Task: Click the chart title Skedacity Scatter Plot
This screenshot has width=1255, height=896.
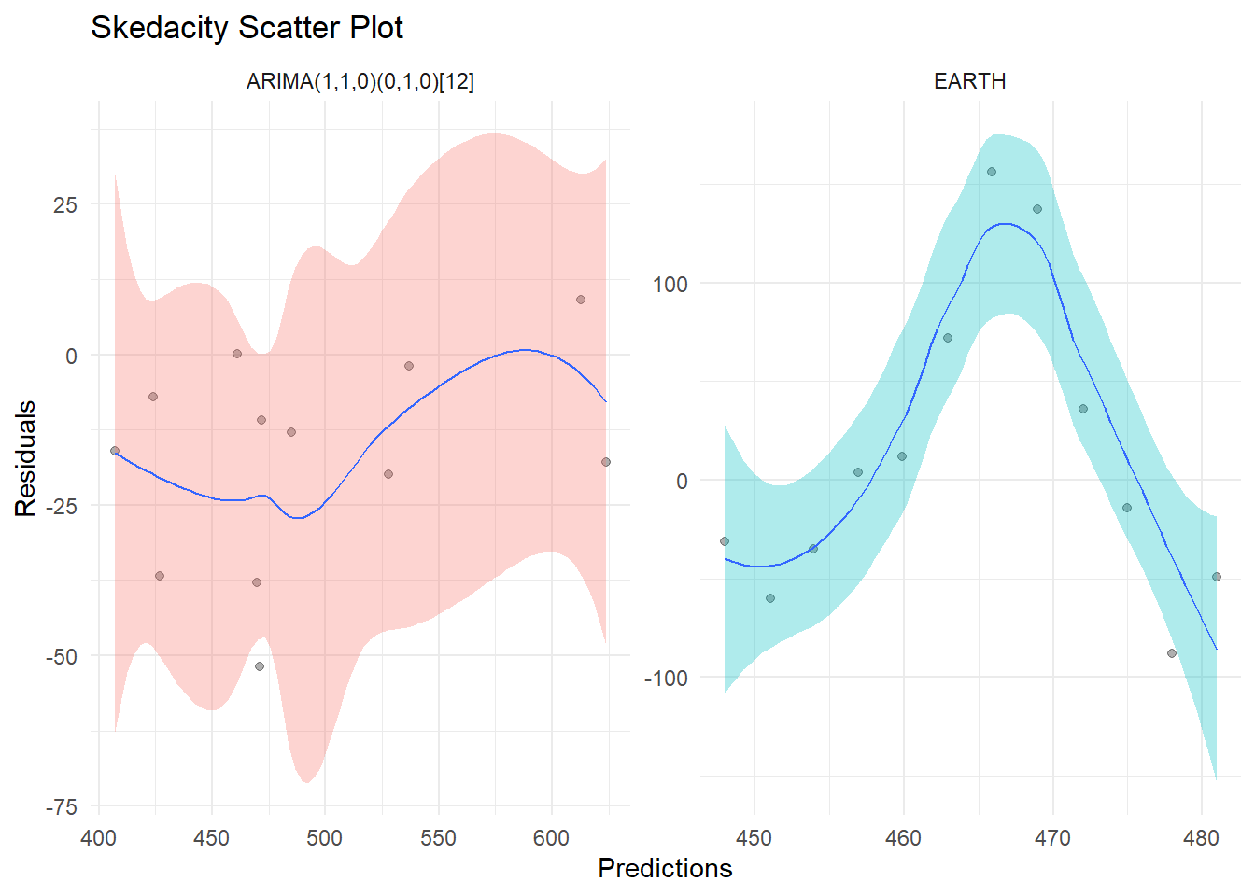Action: (x=247, y=28)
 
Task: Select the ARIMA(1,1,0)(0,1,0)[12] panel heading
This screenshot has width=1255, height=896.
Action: (x=360, y=82)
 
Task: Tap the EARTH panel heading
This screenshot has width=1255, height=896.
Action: (x=969, y=82)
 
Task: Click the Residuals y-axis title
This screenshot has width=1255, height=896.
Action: (x=25, y=458)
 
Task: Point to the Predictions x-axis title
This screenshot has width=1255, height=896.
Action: (x=665, y=869)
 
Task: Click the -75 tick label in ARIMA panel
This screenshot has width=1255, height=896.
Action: (x=61, y=807)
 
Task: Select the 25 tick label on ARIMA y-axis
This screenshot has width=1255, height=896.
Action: (x=65, y=205)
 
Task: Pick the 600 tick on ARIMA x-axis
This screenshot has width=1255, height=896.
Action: (x=551, y=838)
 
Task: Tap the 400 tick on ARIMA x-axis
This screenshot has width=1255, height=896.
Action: (x=99, y=838)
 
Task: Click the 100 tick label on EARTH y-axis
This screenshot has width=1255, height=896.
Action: (x=670, y=285)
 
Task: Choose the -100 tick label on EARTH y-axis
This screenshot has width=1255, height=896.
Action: (x=666, y=679)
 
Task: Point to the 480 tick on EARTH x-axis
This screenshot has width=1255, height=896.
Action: (x=1202, y=838)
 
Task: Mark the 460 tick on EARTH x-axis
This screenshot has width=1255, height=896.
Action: (x=903, y=838)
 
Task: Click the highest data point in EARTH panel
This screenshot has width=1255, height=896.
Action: (x=992, y=172)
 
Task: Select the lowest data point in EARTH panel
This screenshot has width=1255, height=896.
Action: (x=1172, y=653)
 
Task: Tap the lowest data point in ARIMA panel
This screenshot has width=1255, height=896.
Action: (x=260, y=666)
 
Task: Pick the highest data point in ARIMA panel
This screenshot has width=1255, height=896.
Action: (x=581, y=300)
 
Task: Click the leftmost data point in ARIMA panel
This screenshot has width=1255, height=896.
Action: (x=115, y=451)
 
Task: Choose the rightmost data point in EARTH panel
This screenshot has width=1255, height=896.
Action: (x=1217, y=577)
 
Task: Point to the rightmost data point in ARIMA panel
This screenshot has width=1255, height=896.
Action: (x=606, y=462)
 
